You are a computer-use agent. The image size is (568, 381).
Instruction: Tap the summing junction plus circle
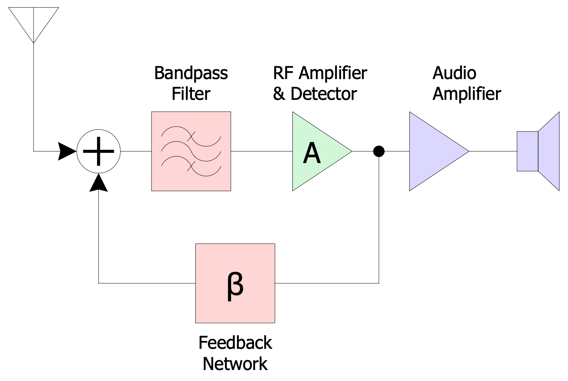(98, 151)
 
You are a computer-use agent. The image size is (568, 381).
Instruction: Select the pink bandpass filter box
(191, 151)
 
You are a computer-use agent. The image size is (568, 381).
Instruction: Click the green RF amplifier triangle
(318, 151)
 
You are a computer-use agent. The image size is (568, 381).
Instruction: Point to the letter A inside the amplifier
(312, 153)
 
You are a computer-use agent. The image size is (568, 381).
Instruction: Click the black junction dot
(379, 151)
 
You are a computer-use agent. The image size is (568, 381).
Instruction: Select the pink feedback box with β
(235, 283)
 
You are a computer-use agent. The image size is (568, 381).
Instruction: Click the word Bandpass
(191, 73)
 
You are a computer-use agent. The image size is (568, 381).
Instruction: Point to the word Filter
(191, 94)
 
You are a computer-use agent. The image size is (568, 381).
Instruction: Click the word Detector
(324, 94)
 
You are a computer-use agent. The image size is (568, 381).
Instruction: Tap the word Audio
(454, 73)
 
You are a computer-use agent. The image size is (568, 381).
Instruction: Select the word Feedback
(235, 343)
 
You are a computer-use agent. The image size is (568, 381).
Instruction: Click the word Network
(235, 364)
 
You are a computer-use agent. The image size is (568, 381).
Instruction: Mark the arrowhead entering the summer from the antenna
(67, 151)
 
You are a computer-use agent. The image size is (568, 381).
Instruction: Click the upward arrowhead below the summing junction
(98, 183)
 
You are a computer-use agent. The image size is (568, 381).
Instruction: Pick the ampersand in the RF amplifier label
(279, 94)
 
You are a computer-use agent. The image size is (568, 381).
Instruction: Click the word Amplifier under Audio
(467, 94)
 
